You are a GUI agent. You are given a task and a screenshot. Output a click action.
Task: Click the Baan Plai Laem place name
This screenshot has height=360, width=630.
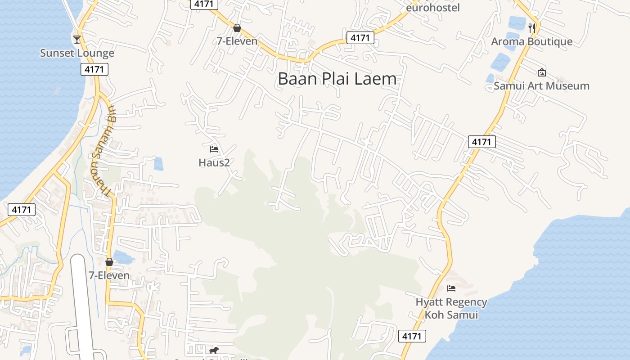[x=337, y=79]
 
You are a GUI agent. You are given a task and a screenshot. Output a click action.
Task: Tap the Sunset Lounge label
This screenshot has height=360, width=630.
[x=77, y=53]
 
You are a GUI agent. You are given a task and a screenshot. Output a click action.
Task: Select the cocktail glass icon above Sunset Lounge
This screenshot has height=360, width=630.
[x=77, y=39]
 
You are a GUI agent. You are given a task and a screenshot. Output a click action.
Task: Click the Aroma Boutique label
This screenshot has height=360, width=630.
[x=531, y=42]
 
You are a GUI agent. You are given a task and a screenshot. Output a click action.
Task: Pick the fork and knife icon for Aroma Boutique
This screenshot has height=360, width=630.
[x=532, y=28]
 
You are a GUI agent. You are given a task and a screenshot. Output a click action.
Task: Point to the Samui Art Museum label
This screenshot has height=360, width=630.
[x=541, y=86]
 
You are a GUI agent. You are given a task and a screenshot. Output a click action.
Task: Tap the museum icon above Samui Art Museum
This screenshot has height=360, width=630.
[x=541, y=72]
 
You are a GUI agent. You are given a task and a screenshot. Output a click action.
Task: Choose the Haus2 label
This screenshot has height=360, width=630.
[x=214, y=162]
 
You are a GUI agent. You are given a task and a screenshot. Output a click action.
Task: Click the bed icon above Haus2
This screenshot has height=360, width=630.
[x=214, y=149]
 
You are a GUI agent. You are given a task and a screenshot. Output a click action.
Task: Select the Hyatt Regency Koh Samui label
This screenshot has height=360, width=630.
[x=451, y=308]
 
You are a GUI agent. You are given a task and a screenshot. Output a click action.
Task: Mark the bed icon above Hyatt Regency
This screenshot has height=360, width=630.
[x=451, y=288]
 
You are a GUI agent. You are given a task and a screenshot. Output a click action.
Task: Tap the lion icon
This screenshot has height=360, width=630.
[x=214, y=350]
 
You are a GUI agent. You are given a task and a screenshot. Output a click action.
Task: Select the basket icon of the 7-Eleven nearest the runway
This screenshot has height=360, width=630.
[x=109, y=262]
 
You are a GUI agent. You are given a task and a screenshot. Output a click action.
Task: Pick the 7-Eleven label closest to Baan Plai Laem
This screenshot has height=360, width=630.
[x=237, y=41]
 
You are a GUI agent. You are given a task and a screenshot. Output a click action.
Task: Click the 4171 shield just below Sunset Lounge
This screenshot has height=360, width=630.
[x=95, y=69]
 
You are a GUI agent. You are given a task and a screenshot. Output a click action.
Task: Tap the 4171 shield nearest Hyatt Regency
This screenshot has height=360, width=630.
[x=412, y=336]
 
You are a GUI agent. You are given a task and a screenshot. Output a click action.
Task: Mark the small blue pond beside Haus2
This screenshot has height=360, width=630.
[x=158, y=164]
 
